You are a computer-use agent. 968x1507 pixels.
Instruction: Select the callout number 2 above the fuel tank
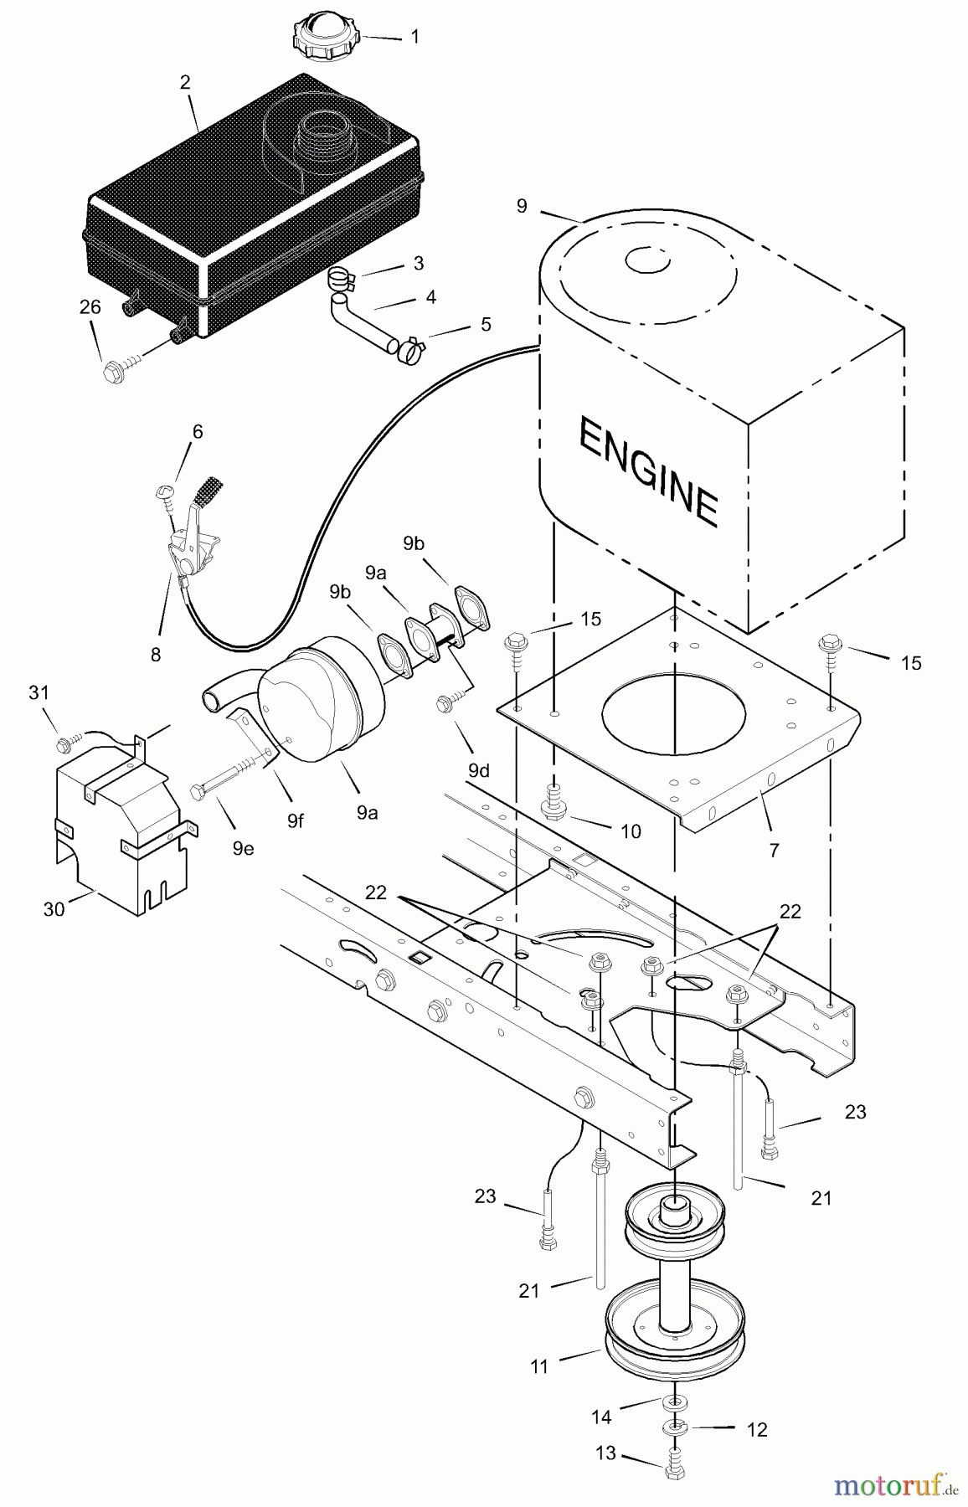185,82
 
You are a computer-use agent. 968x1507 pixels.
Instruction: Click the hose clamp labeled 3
344,276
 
